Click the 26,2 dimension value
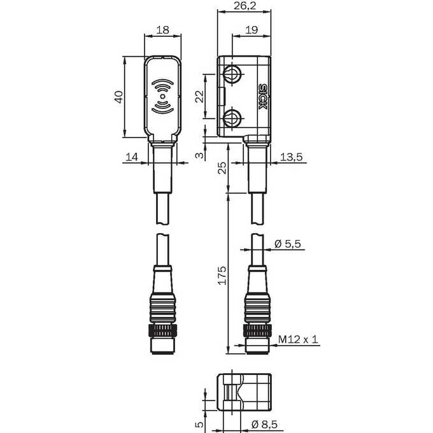coord(245,6)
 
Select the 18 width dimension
coord(162,29)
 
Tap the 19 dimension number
coord(252,29)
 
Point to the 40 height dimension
coord(118,97)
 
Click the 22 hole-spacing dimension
coord(199,96)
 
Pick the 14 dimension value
coord(132,157)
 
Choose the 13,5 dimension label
coord(292,157)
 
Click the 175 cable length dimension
coord(222,275)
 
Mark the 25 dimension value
coord(222,168)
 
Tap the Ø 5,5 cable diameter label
coord(288,244)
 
